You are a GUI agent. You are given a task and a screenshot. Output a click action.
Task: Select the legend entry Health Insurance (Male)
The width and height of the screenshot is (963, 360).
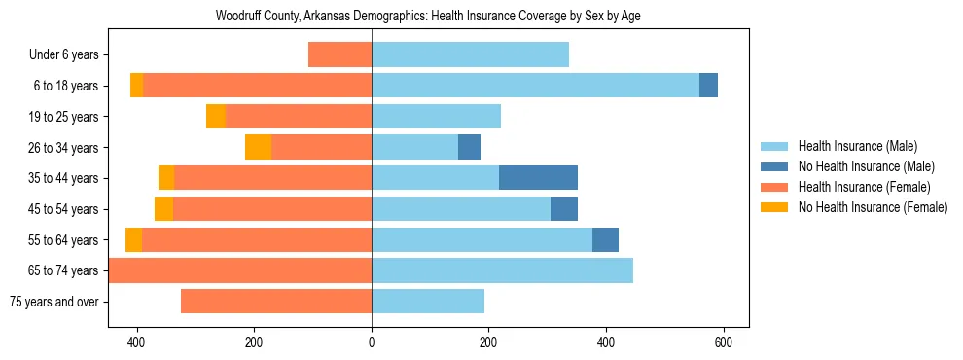click(x=857, y=146)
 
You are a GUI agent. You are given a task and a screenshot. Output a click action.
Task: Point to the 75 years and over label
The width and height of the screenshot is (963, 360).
click(x=54, y=302)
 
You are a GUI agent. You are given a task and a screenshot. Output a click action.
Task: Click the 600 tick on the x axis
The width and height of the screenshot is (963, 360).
click(x=723, y=342)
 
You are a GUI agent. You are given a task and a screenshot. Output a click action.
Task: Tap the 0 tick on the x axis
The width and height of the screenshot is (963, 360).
click(x=372, y=342)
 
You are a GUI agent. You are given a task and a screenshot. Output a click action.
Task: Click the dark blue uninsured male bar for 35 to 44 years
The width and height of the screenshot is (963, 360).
click(x=538, y=178)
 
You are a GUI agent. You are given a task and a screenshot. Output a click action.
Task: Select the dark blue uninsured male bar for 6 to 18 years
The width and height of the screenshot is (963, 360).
click(x=708, y=86)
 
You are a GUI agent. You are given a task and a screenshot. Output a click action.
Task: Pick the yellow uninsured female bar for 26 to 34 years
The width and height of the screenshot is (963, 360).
click(x=258, y=148)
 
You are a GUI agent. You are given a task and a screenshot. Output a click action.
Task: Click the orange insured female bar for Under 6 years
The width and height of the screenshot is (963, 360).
click(x=339, y=55)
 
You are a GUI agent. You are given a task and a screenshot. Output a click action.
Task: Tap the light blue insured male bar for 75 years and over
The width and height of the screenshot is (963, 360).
click(x=428, y=302)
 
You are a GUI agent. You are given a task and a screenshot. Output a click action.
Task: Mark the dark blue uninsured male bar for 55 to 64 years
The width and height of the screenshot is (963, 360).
click(x=605, y=239)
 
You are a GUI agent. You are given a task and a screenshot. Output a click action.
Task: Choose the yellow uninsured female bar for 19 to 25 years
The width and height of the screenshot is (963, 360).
click(x=216, y=117)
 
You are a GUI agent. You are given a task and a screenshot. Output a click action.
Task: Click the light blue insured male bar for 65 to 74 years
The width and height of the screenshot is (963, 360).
click(x=502, y=270)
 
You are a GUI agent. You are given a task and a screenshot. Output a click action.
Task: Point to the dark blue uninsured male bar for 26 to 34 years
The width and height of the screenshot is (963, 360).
click(x=469, y=148)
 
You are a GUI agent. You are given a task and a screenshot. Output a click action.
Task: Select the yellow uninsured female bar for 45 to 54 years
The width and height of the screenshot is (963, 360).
click(x=163, y=209)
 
